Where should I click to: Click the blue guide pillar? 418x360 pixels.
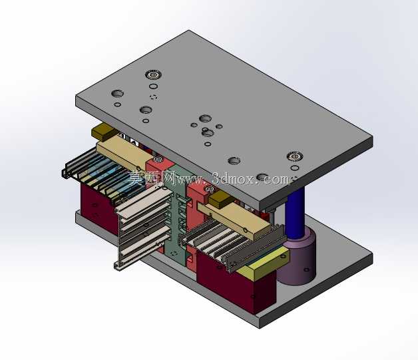[295, 213]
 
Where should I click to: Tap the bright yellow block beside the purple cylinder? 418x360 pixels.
[263, 263]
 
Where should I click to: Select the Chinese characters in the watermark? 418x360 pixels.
[151, 178]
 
